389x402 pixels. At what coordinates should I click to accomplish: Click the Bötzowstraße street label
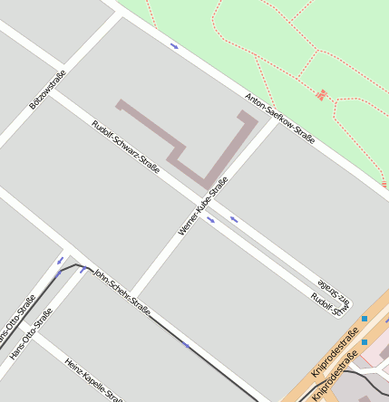[x=48, y=91]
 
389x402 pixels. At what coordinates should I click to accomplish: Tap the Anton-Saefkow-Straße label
[x=280, y=119]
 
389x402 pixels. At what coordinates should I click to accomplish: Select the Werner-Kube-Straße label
[x=203, y=206]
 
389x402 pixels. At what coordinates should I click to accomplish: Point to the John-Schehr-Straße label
[x=122, y=291]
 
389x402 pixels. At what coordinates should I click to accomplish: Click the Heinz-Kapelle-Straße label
[x=94, y=379]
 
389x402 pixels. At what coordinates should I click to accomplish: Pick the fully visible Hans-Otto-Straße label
[x=31, y=334]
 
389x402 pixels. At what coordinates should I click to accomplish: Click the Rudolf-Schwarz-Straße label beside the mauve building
[x=126, y=147]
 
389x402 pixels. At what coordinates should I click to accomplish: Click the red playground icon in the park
[x=321, y=93]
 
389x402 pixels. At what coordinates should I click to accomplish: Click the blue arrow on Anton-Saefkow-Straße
[x=174, y=45]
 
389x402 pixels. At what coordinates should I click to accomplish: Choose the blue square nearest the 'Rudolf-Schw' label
[x=365, y=319]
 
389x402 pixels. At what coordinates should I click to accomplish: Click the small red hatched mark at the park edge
[x=384, y=185]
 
